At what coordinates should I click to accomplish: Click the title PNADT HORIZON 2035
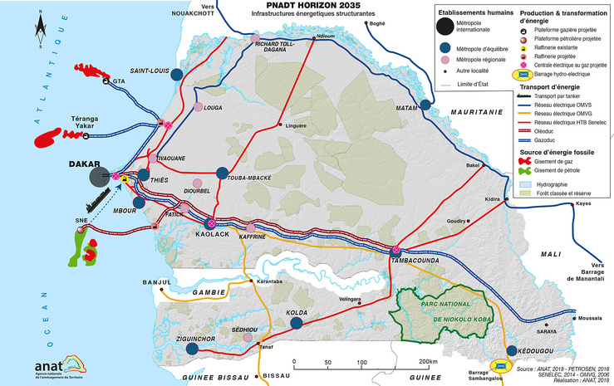(302, 6)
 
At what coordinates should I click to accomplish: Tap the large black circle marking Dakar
(101, 176)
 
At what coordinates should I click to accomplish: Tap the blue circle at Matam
(427, 105)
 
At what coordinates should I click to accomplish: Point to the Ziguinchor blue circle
(193, 350)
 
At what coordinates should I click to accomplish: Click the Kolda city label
(297, 311)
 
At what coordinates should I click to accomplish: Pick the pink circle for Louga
(198, 106)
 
